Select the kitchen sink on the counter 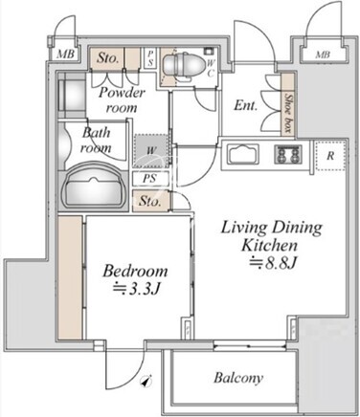(x=242, y=154)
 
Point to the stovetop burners (x=287, y=154)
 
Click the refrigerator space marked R (x=330, y=156)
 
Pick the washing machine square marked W (x=150, y=151)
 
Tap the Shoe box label (x=288, y=113)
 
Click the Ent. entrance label (x=245, y=105)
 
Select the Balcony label (x=238, y=378)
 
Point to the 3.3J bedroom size (x=136, y=289)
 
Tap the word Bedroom (x=135, y=271)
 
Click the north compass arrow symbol (x=146, y=381)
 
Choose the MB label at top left (x=65, y=54)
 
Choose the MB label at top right (x=323, y=55)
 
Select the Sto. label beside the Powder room (x=108, y=57)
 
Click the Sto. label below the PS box (x=149, y=201)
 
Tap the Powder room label (x=122, y=100)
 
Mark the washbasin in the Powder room (x=72, y=95)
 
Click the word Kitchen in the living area (x=269, y=246)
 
